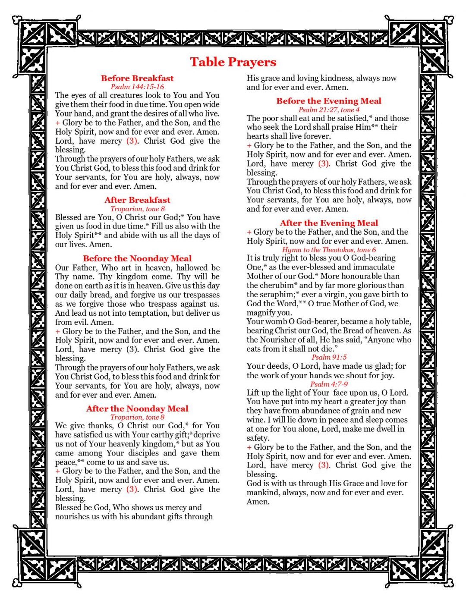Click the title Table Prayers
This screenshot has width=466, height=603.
pyautogui.click(x=233, y=62)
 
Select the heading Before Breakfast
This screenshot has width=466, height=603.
pyautogui.click(x=137, y=78)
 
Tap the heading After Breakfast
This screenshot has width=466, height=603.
pyautogui.click(x=137, y=200)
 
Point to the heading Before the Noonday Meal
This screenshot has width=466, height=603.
pyautogui.click(x=137, y=258)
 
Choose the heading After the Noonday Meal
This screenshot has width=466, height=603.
pyautogui.click(x=137, y=408)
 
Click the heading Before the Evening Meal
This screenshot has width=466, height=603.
pyautogui.click(x=329, y=101)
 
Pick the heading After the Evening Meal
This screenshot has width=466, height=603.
pyautogui.click(x=329, y=223)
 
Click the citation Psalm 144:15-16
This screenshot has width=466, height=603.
pyautogui.click(x=137, y=87)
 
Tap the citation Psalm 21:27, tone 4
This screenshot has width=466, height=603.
pyautogui.click(x=329, y=110)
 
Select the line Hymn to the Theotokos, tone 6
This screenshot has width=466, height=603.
pyautogui.click(x=329, y=250)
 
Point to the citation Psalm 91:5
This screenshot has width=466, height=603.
pyautogui.click(x=329, y=357)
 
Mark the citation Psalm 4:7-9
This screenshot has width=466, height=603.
pyautogui.click(x=329, y=384)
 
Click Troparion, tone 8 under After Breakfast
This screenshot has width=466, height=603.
pyautogui.click(x=137, y=209)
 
